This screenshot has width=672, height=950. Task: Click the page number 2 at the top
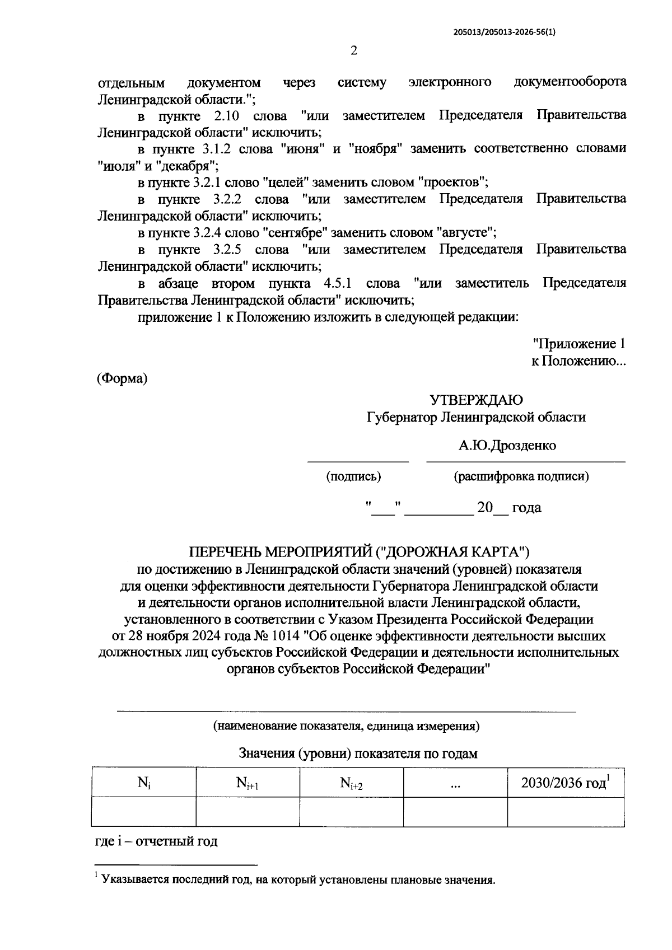click(x=353, y=51)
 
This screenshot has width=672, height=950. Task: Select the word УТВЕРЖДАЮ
click(x=476, y=400)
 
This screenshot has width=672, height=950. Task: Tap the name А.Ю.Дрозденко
click(x=507, y=446)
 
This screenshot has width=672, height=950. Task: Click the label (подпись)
click(x=353, y=476)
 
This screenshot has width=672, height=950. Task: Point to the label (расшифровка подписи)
click(x=521, y=476)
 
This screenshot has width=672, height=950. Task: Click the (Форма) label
click(x=123, y=378)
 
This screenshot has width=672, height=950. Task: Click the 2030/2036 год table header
click(x=564, y=783)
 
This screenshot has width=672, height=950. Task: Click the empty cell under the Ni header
click(x=143, y=812)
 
